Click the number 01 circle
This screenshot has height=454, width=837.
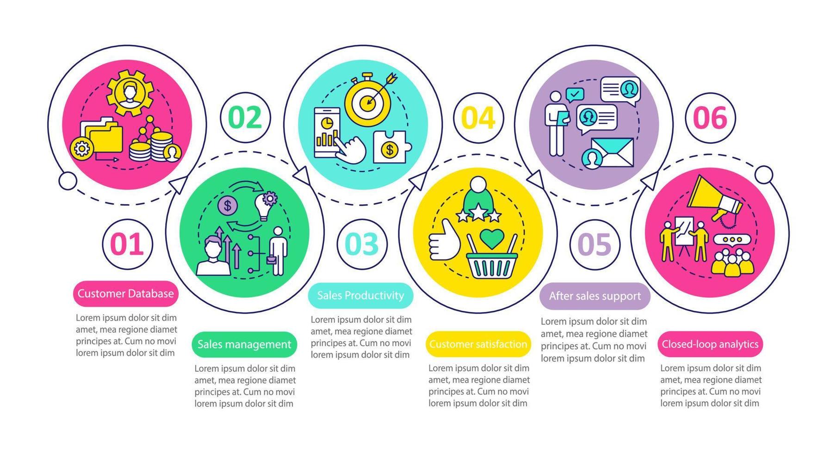point(127,244)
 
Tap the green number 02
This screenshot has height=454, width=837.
point(245,117)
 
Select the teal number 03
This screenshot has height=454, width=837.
point(361,244)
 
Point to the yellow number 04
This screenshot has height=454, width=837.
point(478,117)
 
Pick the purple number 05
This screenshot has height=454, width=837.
point(595,244)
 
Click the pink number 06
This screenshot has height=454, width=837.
point(710,117)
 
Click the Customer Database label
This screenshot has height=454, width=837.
point(125,294)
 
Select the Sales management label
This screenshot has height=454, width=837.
point(244,344)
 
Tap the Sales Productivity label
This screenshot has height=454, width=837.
point(360,296)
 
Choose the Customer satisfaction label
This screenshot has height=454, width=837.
point(478,344)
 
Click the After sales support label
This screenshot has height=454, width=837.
point(595,296)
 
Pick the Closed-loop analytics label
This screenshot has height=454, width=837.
point(710,344)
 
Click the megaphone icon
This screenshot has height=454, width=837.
point(713,197)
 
